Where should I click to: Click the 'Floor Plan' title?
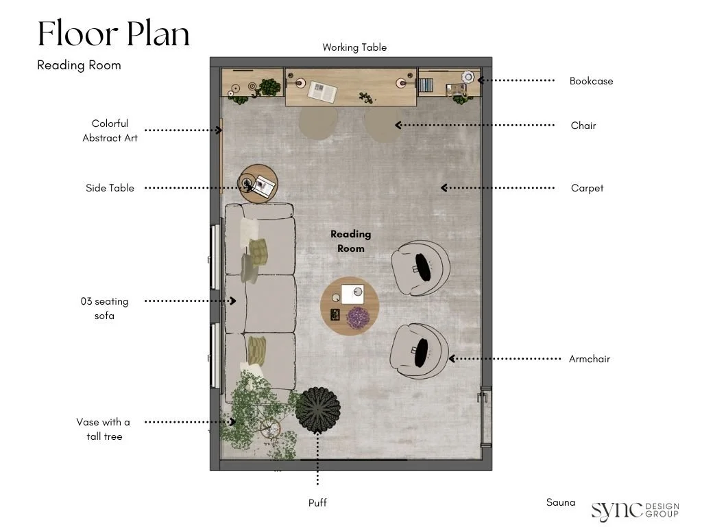click(114, 34)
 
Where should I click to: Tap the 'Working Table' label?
click(354, 47)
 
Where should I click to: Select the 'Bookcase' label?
click(591, 81)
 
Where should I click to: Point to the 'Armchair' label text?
click(589, 359)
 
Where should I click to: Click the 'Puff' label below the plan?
click(317, 503)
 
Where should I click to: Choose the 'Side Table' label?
click(110, 188)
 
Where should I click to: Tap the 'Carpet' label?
click(587, 188)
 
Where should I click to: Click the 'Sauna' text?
click(561, 502)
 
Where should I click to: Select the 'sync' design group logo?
click(635, 511)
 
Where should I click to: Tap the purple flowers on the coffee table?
click(358, 318)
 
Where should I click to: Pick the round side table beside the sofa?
click(258, 184)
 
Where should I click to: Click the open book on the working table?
click(322, 92)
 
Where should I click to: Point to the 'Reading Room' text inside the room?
click(350, 241)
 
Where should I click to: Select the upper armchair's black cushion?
click(422, 267)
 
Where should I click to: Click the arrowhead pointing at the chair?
click(398, 125)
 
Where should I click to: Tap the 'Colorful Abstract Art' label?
click(110, 131)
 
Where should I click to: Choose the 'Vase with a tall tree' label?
click(104, 430)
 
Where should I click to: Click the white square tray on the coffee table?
click(352, 294)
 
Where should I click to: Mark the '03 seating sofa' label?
click(104, 308)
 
